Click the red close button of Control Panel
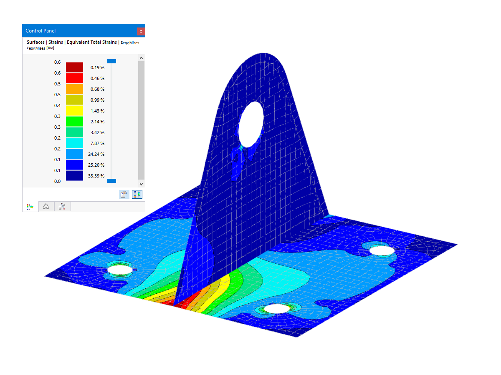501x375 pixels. [x=141, y=31]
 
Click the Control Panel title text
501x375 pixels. [x=40, y=31]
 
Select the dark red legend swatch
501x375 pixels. [x=74, y=67]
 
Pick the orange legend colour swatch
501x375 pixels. [x=74, y=89]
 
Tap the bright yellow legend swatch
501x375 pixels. [x=74, y=111]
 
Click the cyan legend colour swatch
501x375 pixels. [x=74, y=143]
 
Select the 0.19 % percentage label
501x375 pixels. [x=97, y=67]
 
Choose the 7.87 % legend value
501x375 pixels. [x=97, y=143]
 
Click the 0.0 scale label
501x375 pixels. [x=57, y=181]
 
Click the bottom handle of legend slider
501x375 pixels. [x=111, y=181]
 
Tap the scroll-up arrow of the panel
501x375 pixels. [x=141, y=58]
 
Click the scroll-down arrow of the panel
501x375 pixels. [x=141, y=184]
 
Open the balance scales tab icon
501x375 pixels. [x=46, y=206]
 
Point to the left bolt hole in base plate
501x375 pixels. [x=120, y=270]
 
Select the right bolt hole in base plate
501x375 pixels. [x=382, y=250]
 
